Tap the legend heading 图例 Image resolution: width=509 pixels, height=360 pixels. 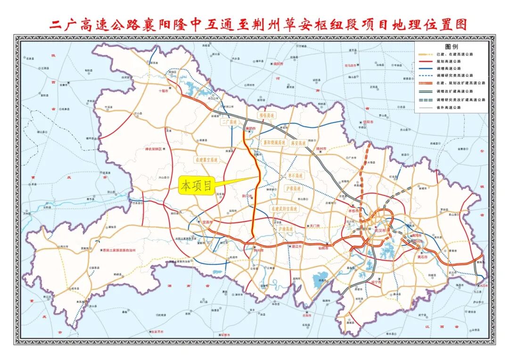coord(451,47)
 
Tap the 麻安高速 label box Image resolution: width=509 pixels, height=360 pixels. coord(298,142)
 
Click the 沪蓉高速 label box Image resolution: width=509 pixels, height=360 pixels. coord(293,188)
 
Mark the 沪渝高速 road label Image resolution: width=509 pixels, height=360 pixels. coord(286,229)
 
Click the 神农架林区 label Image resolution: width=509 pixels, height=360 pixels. coord(153,149)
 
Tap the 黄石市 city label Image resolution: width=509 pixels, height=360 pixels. coord(421,257)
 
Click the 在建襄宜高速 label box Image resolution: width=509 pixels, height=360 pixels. coord(206,160)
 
